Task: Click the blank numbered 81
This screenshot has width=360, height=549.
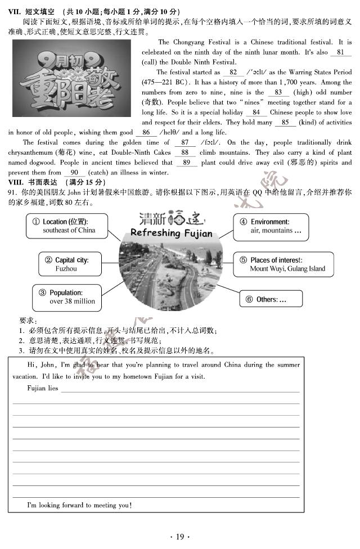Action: coord(340,52)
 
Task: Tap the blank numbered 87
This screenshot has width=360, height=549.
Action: coord(185,143)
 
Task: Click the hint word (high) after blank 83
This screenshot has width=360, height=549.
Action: coord(303,92)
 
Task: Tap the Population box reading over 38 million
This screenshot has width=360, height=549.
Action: coord(67,297)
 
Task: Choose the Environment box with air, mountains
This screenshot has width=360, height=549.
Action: coord(271,226)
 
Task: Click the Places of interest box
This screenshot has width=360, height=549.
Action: coord(283,264)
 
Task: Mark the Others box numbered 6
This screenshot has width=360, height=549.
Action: coord(271,299)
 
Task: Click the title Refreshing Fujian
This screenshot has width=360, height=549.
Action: coord(171,233)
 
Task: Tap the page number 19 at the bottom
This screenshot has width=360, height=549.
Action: coord(180,537)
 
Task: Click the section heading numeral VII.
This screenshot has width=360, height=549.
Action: coord(15,12)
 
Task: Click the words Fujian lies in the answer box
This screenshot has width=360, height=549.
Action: coord(42,388)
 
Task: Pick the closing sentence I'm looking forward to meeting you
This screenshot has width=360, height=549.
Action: coord(79,505)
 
